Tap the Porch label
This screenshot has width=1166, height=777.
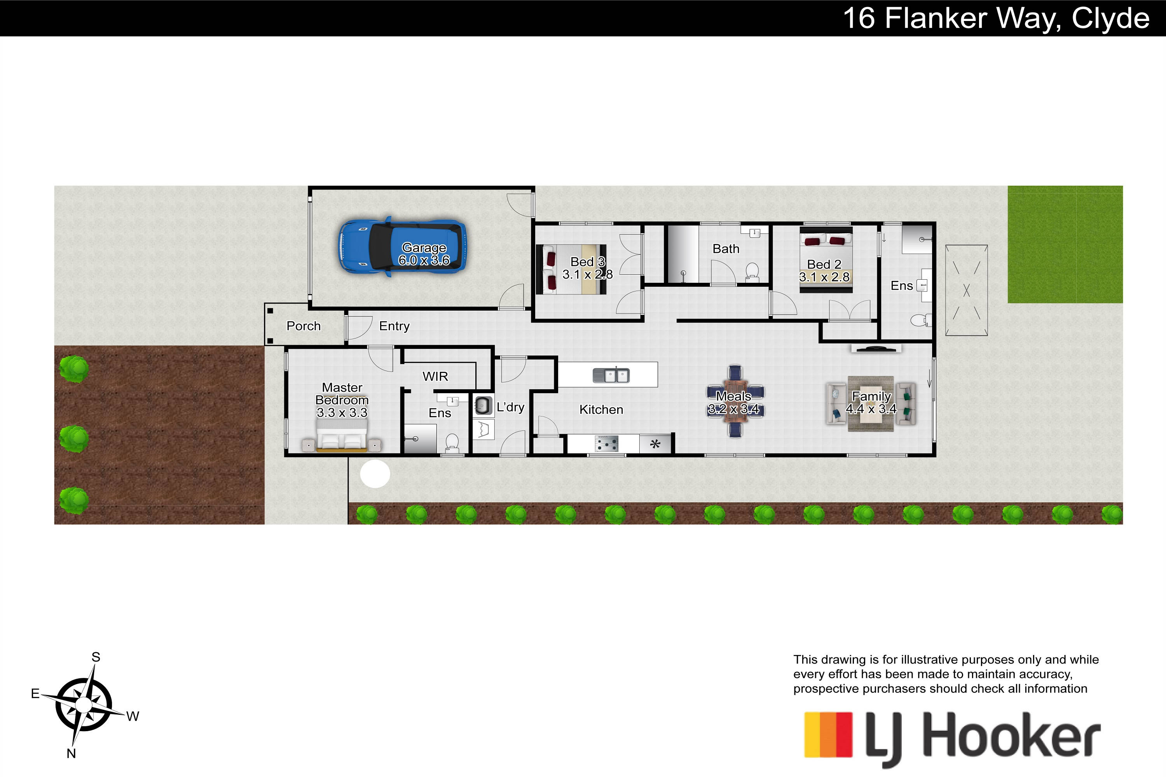click(304, 326)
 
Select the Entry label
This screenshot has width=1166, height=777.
click(394, 326)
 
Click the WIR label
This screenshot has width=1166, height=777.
click(435, 376)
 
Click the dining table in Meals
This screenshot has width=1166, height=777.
click(735, 401)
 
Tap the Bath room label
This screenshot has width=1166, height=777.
click(726, 249)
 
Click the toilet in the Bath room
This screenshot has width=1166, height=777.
click(752, 272)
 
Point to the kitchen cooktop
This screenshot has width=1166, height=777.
click(607, 444)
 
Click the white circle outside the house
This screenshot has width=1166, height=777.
click(375, 474)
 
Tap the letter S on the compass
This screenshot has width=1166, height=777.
click(96, 657)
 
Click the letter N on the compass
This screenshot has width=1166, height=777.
click(72, 753)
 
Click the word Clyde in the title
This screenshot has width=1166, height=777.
click(1110, 19)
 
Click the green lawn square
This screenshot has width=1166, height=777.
click(1065, 244)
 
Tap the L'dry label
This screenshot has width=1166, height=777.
click(510, 407)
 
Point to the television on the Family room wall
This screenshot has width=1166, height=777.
click(876, 349)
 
